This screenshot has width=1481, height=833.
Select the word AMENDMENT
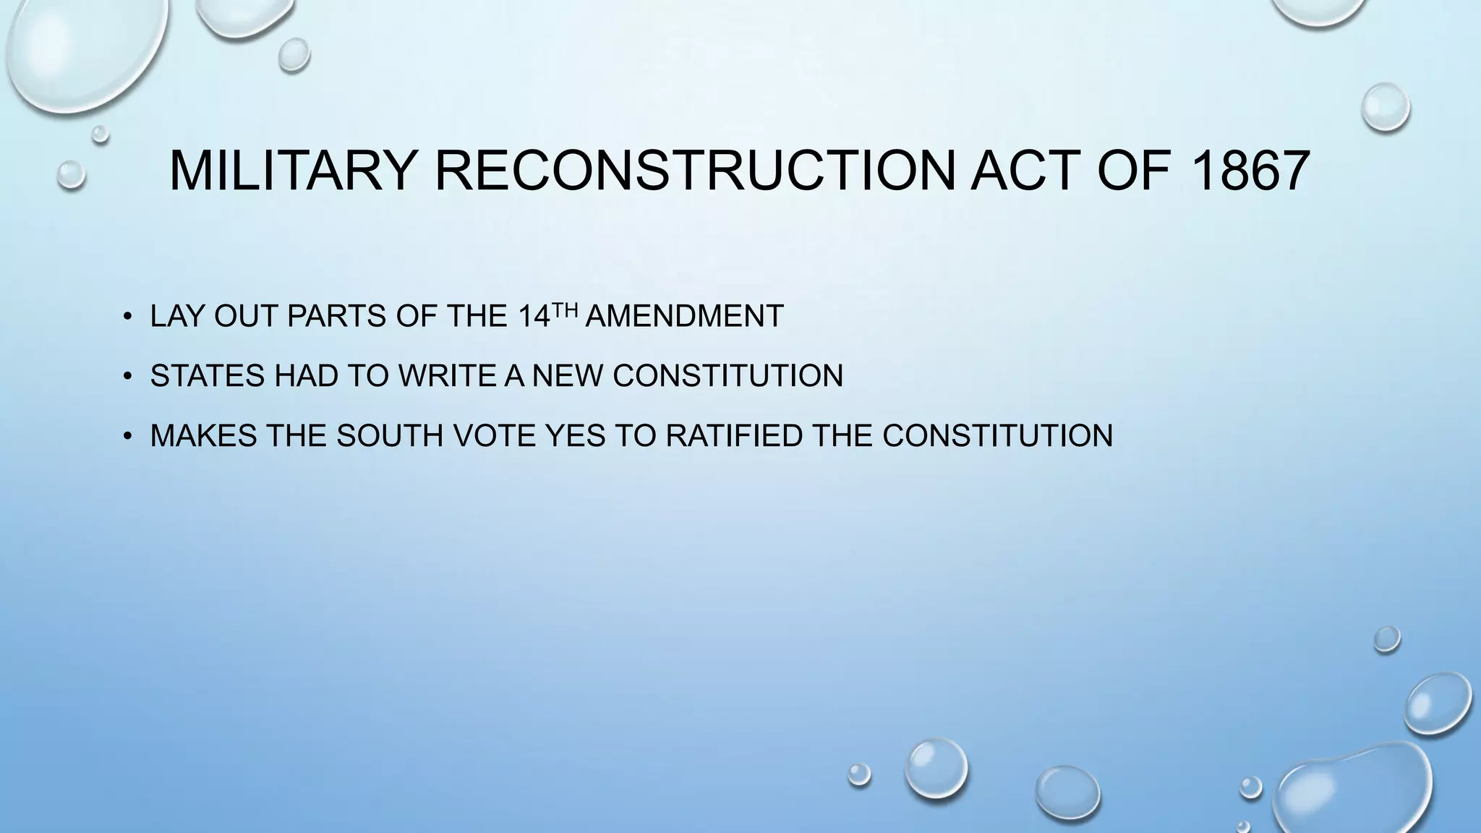(x=684, y=317)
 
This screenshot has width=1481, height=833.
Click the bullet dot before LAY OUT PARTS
(x=127, y=316)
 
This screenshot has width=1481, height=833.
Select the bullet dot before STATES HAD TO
(x=127, y=375)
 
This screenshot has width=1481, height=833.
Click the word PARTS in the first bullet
(x=336, y=317)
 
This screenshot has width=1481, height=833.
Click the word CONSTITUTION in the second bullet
(x=727, y=376)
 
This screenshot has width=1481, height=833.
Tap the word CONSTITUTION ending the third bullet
(x=997, y=435)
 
